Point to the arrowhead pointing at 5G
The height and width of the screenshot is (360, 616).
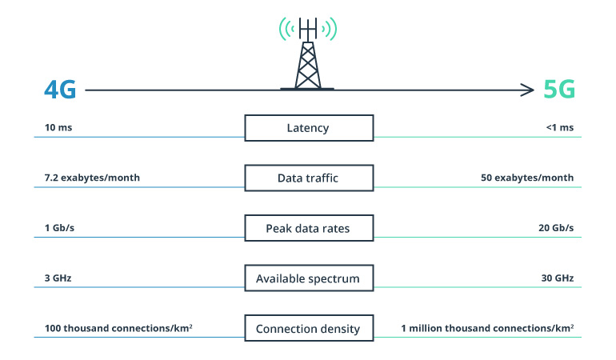point(528,90)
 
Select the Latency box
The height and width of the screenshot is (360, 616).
point(308,128)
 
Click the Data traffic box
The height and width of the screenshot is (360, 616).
point(308,178)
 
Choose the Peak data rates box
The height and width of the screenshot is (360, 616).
point(308,228)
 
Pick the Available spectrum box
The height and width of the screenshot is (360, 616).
point(308,278)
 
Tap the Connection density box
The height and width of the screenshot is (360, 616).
point(308,329)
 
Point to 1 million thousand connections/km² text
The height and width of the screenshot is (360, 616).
point(487,328)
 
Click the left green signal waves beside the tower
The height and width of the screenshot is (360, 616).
point(285,30)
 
